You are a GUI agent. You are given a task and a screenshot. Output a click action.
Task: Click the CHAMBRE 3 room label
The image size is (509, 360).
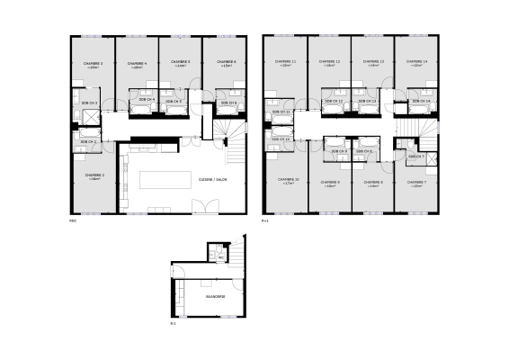tap(94, 63)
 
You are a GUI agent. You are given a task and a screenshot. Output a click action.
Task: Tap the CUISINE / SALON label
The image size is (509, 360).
tap(213, 179)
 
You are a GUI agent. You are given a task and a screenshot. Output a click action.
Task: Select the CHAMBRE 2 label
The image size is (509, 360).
tap(95, 175)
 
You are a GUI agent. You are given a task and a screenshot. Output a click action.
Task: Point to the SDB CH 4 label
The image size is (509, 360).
tap(147, 99)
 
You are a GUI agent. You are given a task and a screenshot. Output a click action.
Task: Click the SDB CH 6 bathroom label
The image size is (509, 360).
tap(228, 103)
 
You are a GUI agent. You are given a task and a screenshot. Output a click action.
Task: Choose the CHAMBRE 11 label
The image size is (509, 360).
tap(285, 61)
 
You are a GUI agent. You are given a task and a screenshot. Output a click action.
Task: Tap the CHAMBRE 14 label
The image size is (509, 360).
tap(416, 61)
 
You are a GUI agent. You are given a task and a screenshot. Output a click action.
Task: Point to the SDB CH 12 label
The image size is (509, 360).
tap(334, 102)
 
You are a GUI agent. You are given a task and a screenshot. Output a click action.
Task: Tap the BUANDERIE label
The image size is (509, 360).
tap(215, 295)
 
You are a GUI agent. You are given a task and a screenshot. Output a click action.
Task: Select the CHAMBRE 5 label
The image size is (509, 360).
tap(181, 63)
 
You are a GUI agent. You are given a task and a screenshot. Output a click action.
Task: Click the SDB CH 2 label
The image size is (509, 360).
tap(89, 142)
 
